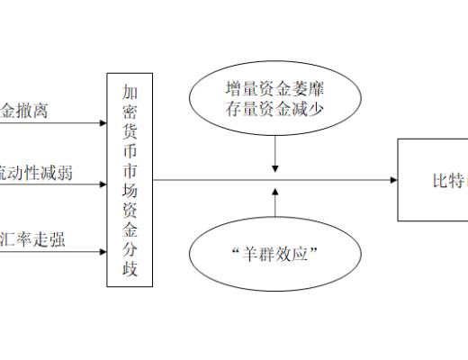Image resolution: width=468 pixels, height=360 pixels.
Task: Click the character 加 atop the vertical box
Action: coord(130,92)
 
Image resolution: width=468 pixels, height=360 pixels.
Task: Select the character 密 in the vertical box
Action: coord(130,115)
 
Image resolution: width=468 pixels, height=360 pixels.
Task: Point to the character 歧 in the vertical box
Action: coord(130,267)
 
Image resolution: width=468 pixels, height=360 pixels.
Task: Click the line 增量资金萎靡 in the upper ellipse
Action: coord(275,90)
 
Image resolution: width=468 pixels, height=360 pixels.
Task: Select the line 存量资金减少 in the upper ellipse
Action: coord(275,109)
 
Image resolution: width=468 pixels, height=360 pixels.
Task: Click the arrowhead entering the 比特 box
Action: coord(393,180)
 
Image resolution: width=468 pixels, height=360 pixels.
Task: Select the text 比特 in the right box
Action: coord(447,181)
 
